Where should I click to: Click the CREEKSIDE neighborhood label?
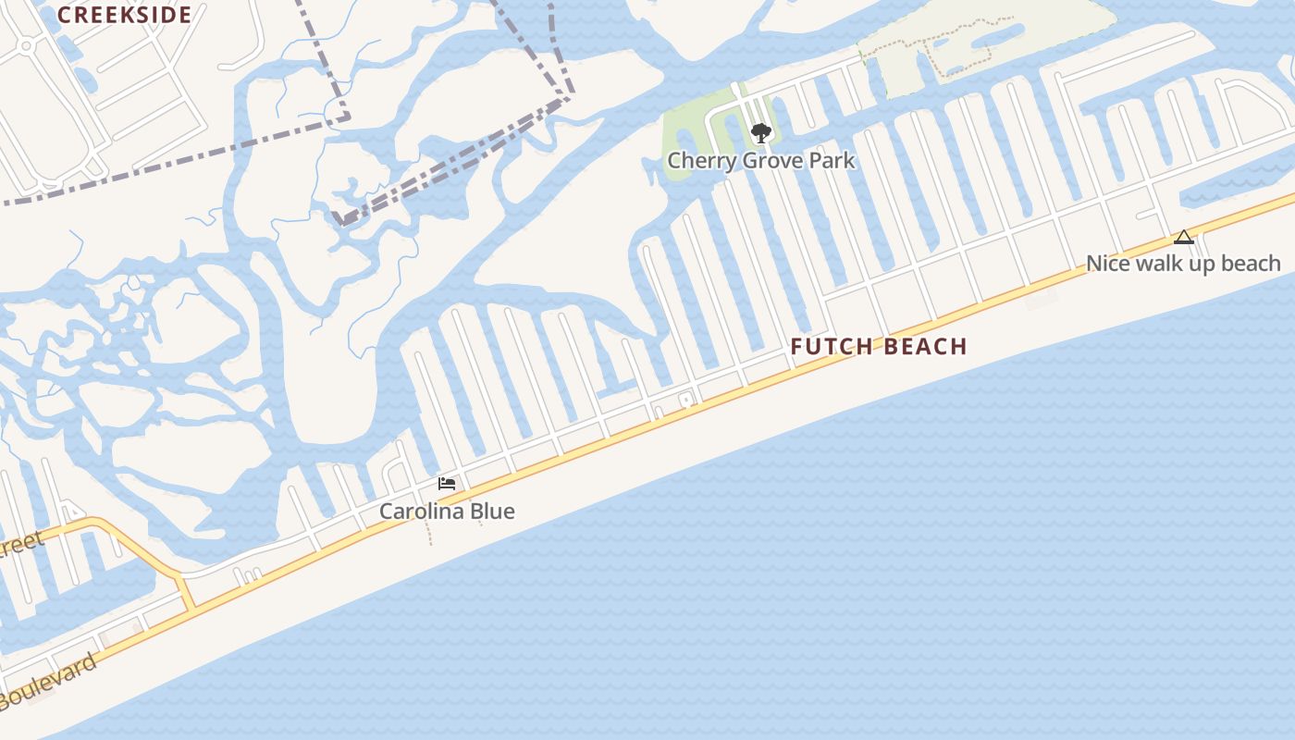[x=125, y=15]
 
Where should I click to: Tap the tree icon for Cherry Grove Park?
[x=761, y=133]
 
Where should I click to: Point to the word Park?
[x=835, y=161]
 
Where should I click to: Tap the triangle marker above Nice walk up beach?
[x=1184, y=238]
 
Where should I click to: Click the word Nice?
[x=1108, y=264]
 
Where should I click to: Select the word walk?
[x=1155, y=264]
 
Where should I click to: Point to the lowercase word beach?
[x=1251, y=264]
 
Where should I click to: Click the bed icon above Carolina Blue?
[x=447, y=484]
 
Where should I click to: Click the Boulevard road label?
[x=51, y=682]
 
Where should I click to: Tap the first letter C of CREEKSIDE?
[x=64, y=15]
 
